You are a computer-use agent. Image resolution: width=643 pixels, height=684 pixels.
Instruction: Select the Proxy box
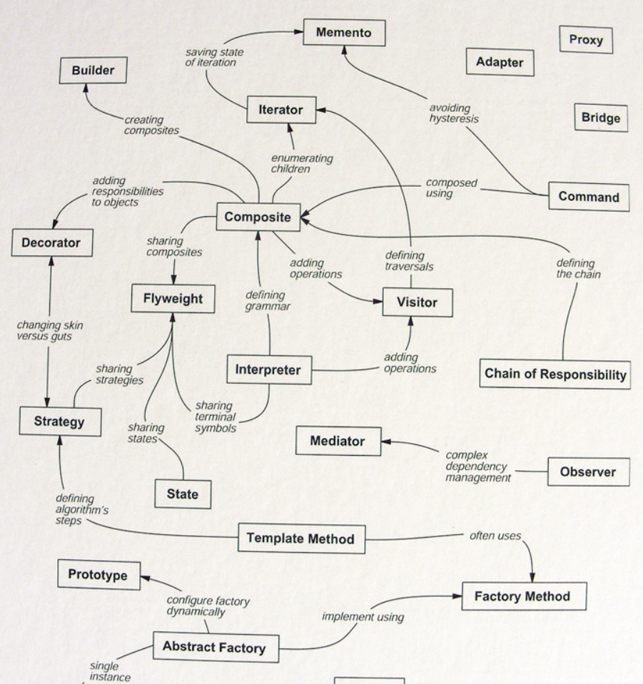tap(586, 40)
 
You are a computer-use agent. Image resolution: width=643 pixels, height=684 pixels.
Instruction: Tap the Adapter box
tap(500, 63)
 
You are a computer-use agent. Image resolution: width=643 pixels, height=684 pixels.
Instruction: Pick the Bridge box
tap(601, 118)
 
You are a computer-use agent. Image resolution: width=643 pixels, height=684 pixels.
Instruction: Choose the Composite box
tap(258, 218)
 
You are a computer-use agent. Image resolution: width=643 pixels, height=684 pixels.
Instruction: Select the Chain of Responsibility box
tap(555, 373)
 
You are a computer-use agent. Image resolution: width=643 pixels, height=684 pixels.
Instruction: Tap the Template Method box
tap(300, 538)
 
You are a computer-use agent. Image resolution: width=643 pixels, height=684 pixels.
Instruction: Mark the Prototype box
tap(98, 575)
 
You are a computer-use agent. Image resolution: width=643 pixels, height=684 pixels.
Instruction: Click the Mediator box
tap(338, 441)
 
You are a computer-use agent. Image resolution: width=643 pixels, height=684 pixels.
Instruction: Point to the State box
tap(183, 493)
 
